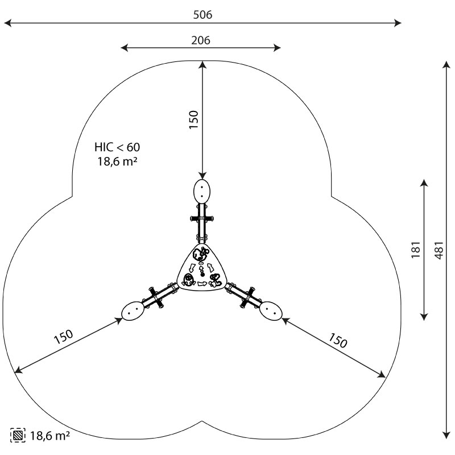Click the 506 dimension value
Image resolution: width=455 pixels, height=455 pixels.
coord(202,15)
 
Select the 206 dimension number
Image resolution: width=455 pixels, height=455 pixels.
coord(201,40)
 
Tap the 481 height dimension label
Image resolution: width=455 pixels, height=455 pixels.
coord(439,250)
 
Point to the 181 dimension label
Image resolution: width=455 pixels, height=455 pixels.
coord(416,250)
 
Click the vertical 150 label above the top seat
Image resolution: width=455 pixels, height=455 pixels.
coord(193,120)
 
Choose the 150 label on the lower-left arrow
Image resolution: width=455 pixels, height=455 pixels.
coord(63,336)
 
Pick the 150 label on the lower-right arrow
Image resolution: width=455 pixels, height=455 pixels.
coord(338,340)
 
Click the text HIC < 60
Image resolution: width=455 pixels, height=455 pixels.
coord(117,147)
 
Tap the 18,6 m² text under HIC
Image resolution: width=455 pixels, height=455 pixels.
coord(117,162)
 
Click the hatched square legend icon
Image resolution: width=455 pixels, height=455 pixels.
coord(18,435)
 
